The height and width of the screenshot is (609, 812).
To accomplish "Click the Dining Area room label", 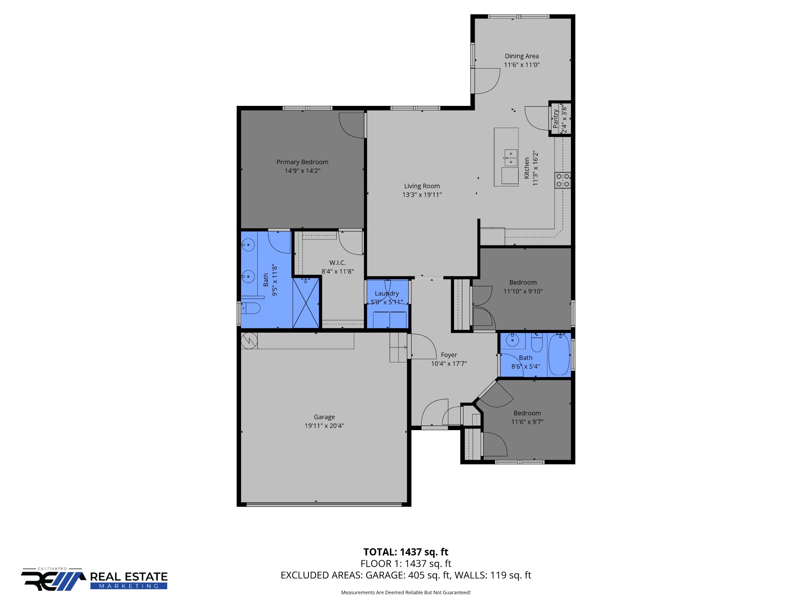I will [521, 56].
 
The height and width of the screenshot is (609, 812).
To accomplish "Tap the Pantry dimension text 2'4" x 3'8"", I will [564, 119].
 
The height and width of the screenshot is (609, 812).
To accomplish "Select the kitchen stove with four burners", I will [562, 180].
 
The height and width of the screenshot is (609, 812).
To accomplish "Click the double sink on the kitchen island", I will [511, 157].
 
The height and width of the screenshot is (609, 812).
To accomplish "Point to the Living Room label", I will [422, 186].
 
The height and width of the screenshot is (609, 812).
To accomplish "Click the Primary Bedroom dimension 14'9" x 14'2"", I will [302, 171].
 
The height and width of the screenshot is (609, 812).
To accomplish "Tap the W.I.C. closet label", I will [337, 263].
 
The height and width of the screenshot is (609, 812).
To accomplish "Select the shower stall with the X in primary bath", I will [306, 303].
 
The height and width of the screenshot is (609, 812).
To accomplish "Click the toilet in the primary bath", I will [251, 308].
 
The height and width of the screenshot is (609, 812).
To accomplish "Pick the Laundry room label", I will [387, 293].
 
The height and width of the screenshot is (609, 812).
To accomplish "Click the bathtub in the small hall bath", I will [559, 354].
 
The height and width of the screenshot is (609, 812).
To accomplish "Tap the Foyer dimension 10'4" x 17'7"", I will [449, 364].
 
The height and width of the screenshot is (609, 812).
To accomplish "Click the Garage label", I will [324, 417].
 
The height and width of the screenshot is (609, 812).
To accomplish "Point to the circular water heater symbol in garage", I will [249, 341].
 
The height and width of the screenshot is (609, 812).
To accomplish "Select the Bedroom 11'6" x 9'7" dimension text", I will [527, 422].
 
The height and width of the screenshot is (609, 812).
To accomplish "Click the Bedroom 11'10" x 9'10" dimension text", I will [523, 291].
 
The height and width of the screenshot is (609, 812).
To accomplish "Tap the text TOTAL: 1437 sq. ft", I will [406, 552].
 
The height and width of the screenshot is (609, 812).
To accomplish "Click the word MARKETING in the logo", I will [128, 586].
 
